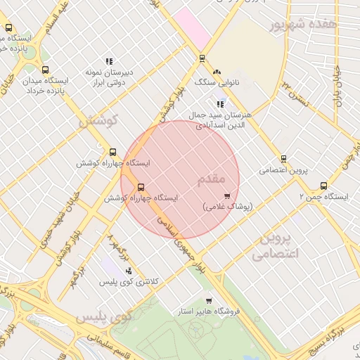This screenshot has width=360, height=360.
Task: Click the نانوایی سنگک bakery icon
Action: [217, 72]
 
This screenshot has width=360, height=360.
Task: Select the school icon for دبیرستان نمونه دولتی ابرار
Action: [108, 62]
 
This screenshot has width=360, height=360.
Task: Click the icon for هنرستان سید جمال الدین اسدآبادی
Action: [220, 104]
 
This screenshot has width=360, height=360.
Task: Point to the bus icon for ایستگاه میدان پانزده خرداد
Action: [46, 70]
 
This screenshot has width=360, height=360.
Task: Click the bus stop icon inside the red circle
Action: [141, 188]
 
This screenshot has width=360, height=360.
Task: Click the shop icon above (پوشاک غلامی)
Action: [226, 196]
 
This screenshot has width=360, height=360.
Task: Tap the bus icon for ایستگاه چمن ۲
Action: [323, 186]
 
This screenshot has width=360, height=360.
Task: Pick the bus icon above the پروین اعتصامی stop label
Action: [283, 159]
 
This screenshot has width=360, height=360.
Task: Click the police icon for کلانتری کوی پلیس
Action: [128, 271]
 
